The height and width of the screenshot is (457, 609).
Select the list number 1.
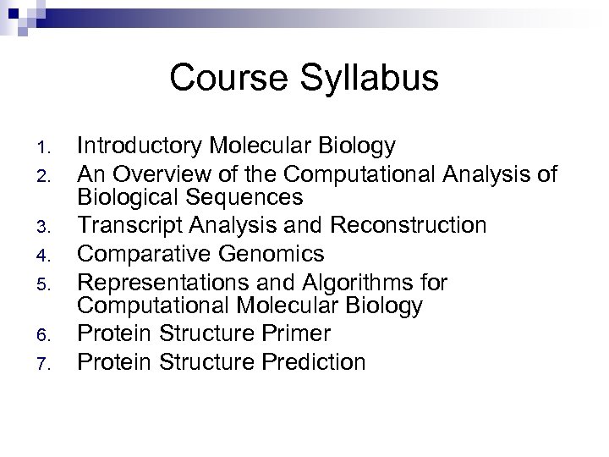point(47,148)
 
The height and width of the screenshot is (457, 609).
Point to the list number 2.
point(47,175)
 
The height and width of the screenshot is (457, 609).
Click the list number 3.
point(47,227)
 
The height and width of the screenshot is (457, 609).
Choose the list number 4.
point(47,254)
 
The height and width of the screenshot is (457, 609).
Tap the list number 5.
point(47,281)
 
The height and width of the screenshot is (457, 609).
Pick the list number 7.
point(47,363)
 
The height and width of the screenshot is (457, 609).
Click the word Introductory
point(140,146)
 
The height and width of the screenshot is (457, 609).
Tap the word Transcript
point(127,225)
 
